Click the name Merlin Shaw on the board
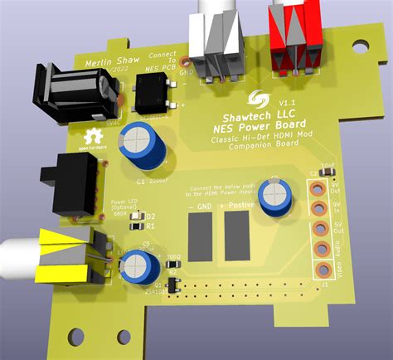coord(111,62)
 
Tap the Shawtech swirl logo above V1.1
coord(262,100)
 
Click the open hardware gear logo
coord(93,137)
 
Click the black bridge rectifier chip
coord(156,96)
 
